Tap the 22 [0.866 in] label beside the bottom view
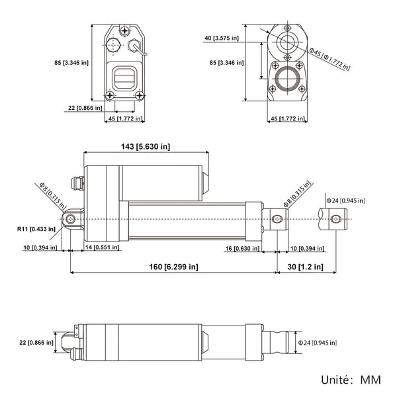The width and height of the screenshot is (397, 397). point(36,342)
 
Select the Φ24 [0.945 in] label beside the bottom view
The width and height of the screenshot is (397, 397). point(317,342)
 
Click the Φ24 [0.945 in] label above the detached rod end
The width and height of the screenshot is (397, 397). point(345,200)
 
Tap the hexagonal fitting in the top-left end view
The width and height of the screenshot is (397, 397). point(112,47)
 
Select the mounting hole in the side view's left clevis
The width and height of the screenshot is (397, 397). point(71,219)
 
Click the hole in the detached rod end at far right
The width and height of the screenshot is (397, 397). point(338,219)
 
